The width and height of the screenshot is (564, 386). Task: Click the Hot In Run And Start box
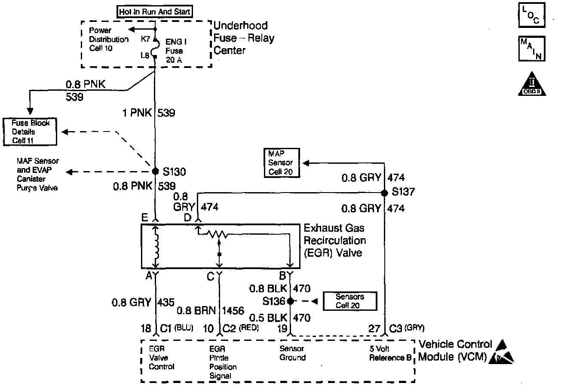[x=155, y=12]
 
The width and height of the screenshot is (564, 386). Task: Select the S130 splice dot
[x=156, y=172]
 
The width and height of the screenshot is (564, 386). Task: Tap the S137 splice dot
[x=385, y=192]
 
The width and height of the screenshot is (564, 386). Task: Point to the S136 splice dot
[x=290, y=301]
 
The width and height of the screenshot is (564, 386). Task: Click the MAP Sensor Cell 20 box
[x=281, y=163]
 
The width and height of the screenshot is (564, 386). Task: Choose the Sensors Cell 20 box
[x=350, y=301]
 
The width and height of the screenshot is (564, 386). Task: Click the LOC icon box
[x=531, y=15]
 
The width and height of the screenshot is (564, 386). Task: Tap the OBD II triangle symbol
[x=532, y=84]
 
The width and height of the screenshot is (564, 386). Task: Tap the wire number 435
[x=166, y=302]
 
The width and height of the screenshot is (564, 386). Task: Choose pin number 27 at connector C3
[x=374, y=329]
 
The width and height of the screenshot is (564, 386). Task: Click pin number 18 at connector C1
[x=146, y=329]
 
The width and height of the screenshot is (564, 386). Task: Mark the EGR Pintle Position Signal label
[x=223, y=362]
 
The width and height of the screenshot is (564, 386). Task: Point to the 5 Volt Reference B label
[x=390, y=353]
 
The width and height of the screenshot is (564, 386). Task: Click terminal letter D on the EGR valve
[x=187, y=218]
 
